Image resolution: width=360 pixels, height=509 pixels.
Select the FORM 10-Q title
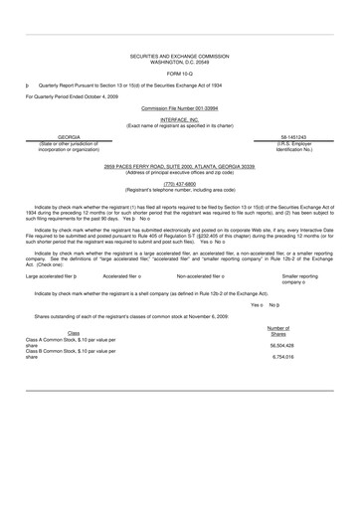click(x=179, y=75)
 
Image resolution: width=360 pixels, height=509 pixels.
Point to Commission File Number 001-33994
click(x=179, y=104)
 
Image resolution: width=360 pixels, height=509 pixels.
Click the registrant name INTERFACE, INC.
click(x=179, y=115)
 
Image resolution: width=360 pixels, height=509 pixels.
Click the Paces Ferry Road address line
click(x=179, y=166)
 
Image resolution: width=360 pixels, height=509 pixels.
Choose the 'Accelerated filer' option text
click(x=125, y=275)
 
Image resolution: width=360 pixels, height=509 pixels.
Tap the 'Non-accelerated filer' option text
click(x=206, y=275)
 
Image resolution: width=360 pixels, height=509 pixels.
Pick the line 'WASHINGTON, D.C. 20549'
click(x=179, y=65)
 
